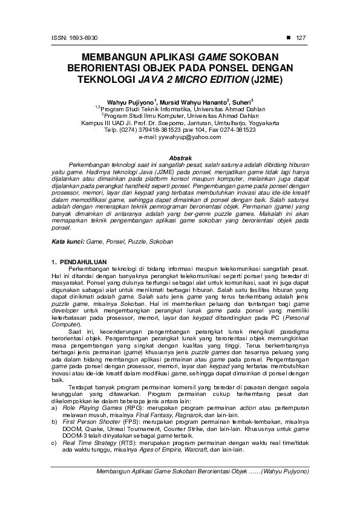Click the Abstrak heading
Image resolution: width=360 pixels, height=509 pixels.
[179, 157]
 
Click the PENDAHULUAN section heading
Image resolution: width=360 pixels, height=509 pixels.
[83, 261]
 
